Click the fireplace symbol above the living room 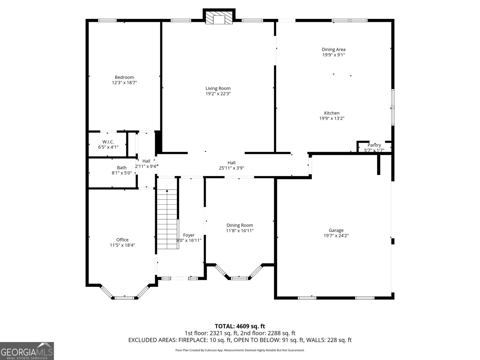(219, 19)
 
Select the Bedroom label (124, 77)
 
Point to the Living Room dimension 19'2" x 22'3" (218, 94)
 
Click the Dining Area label (334, 49)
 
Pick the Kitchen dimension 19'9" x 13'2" (332, 118)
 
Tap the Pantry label (374, 145)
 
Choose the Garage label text (336, 230)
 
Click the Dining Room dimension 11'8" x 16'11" (240, 231)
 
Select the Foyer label (189, 235)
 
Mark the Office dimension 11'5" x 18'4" (122, 245)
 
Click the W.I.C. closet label (108, 142)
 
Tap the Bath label (122, 168)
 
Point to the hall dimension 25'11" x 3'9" (232, 168)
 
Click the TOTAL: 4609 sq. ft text (240, 326)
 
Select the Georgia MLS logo (27, 351)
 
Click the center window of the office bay (124, 298)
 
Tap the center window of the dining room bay (239, 278)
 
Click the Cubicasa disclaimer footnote (240, 350)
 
